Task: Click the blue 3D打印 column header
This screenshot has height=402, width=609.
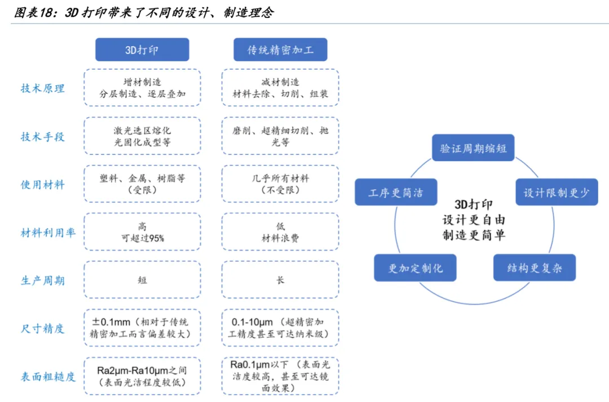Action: pyautogui.click(x=142, y=50)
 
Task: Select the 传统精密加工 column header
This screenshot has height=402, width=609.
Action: pyautogui.click(x=280, y=50)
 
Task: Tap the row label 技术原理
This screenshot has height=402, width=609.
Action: pyautogui.click(x=43, y=88)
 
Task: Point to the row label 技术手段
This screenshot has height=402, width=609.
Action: pyautogui.click(x=43, y=136)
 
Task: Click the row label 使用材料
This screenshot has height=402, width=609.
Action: pyautogui.click(x=43, y=185)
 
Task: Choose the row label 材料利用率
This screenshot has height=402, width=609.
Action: pyautogui.click(x=48, y=233)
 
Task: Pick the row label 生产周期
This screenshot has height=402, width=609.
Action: pyautogui.click(x=43, y=280)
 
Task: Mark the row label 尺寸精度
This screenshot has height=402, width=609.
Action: pyautogui.click(x=43, y=328)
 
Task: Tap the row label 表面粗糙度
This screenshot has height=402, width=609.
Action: pyautogui.click(x=48, y=377)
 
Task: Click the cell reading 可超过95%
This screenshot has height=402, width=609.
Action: pyautogui.click(x=142, y=233)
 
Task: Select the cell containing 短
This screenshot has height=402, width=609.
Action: pyautogui.click(x=142, y=280)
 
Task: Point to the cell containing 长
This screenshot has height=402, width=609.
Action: pyautogui.click(x=280, y=280)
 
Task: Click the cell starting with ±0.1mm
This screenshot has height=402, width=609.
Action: pyautogui.click(x=142, y=328)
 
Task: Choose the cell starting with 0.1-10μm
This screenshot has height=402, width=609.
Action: pyautogui.click(x=280, y=328)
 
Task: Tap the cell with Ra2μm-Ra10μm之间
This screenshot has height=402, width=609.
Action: pyautogui.click(x=142, y=377)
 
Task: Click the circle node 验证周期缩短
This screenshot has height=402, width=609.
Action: pyautogui.click(x=474, y=149)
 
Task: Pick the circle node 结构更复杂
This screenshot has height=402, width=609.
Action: pyautogui.click(x=533, y=268)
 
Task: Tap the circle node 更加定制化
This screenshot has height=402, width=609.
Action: pyautogui.click(x=416, y=268)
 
